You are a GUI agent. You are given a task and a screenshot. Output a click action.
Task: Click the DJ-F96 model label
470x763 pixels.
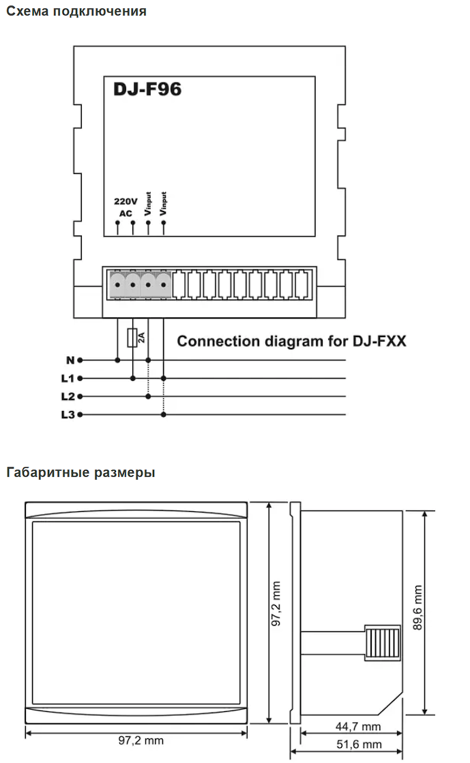[147, 89]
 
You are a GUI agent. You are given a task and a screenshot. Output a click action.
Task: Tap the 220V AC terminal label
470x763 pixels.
[126, 207]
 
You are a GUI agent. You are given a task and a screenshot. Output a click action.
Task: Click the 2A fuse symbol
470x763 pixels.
[132, 338]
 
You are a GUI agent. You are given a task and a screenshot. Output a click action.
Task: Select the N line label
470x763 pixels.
[70, 360]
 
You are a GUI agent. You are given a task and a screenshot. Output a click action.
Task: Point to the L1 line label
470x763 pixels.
[68, 378]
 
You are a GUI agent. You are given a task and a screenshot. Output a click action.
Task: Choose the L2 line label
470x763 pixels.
[68, 397]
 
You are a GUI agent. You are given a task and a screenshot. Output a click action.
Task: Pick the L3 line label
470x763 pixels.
[68, 414]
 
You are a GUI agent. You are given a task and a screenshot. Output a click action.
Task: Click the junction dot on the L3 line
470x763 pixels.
[164, 414]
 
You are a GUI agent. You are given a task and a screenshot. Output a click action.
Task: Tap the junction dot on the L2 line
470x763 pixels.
[149, 397]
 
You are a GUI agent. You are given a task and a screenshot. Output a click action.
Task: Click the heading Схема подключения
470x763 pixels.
[76, 11]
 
